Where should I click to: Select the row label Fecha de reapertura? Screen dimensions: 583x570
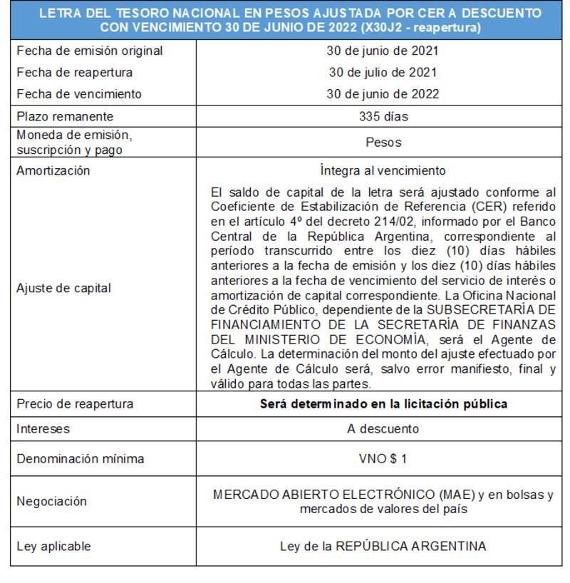pos(75,73)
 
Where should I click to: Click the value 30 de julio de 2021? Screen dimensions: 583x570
pos(383,73)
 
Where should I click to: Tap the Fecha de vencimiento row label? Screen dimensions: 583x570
pos(79,94)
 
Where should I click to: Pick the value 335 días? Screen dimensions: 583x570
pos(383,116)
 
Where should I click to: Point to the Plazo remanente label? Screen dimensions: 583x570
pos(65,116)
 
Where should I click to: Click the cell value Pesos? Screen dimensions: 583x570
pos(383,142)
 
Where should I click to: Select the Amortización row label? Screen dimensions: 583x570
pos(53,171)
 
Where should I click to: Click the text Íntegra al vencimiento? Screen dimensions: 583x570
pos(383,171)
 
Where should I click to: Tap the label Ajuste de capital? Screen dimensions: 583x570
pos(64,289)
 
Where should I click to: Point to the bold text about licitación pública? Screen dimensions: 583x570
pos(383,404)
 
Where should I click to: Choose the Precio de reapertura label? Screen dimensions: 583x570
pos(75,404)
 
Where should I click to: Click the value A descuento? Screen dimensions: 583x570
pos(383,429)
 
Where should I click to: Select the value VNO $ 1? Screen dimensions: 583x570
pos(383,459)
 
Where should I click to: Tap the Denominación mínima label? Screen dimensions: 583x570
pos(81,459)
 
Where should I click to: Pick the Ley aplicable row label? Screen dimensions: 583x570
pos(54,547)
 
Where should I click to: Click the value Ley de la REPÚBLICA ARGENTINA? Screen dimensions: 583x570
pos(383,547)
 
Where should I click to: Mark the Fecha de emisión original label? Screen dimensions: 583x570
pos(90,51)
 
